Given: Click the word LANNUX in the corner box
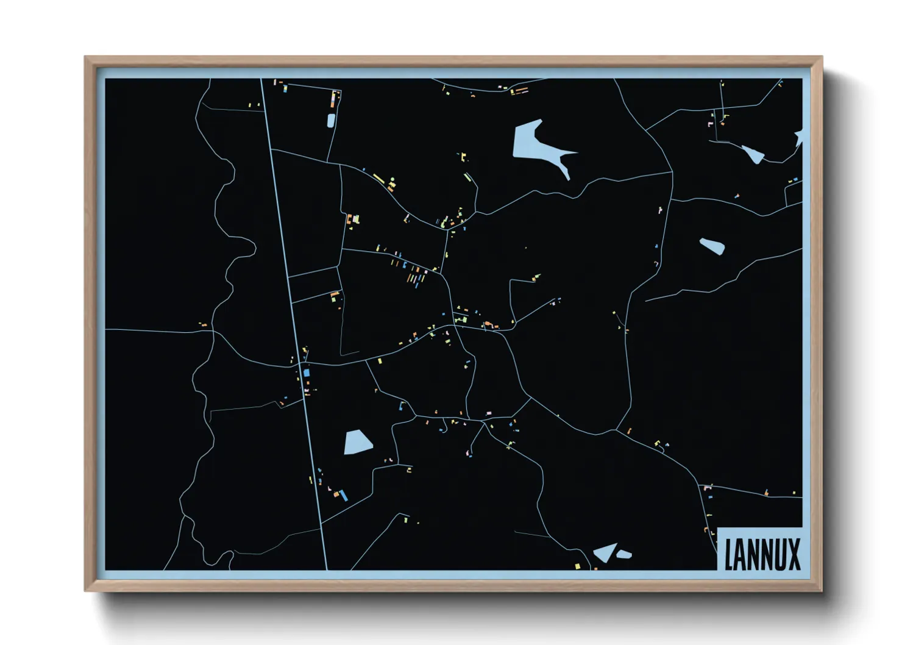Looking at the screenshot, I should [x=762, y=554].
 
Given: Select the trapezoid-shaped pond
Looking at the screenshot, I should [x=357, y=442].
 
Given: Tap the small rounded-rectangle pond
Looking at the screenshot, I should [x=331, y=121].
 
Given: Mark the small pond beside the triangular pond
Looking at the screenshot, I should [x=624, y=554].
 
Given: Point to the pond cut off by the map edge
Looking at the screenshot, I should [x=799, y=138].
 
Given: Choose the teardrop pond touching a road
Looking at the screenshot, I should [x=753, y=155].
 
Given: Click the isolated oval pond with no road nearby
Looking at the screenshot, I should [x=712, y=246].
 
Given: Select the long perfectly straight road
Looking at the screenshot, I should [x=294, y=323].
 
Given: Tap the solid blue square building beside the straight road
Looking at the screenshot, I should [x=307, y=372].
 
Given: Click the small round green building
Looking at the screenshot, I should [x=392, y=179].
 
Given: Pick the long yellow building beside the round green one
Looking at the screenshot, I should [x=378, y=179].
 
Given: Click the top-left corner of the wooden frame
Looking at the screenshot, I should [x=85, y=57].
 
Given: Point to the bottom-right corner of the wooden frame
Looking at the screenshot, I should [x=822, y=590].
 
